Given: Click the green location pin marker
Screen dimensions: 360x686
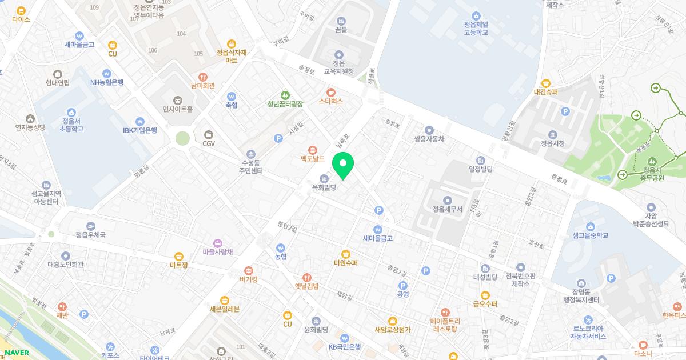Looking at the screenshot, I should pos(343,165).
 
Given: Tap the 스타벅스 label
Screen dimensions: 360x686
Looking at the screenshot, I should pos(330,101).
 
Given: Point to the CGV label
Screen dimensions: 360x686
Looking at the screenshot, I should pos(209,143).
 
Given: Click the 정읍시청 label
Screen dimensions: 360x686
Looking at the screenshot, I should pos(553,143).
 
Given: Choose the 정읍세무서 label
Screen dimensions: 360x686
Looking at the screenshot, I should pos(448,209).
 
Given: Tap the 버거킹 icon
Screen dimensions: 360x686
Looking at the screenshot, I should pos(249,270).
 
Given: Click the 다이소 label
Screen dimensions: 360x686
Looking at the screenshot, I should pos(21,19).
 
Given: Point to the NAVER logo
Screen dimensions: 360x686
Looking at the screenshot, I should pos(17,353).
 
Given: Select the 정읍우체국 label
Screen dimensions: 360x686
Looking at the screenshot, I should pos(90,234).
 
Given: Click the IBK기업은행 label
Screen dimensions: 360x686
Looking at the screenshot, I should pos(139,130).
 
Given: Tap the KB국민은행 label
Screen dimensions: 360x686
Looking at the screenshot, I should pos(344,346).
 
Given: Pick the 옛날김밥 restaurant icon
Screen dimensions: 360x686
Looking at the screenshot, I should pos(307,277).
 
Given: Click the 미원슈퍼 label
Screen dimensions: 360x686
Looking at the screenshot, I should pos(345,263).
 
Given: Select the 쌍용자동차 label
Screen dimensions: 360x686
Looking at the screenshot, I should pos(429,139).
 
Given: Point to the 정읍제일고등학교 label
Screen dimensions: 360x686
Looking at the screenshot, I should pos(476,28).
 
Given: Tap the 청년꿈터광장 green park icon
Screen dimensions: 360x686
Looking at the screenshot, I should pos(285,95).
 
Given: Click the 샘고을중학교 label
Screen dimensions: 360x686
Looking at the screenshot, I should pos(591,235).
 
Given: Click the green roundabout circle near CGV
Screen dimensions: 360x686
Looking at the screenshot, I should pos(182,138).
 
